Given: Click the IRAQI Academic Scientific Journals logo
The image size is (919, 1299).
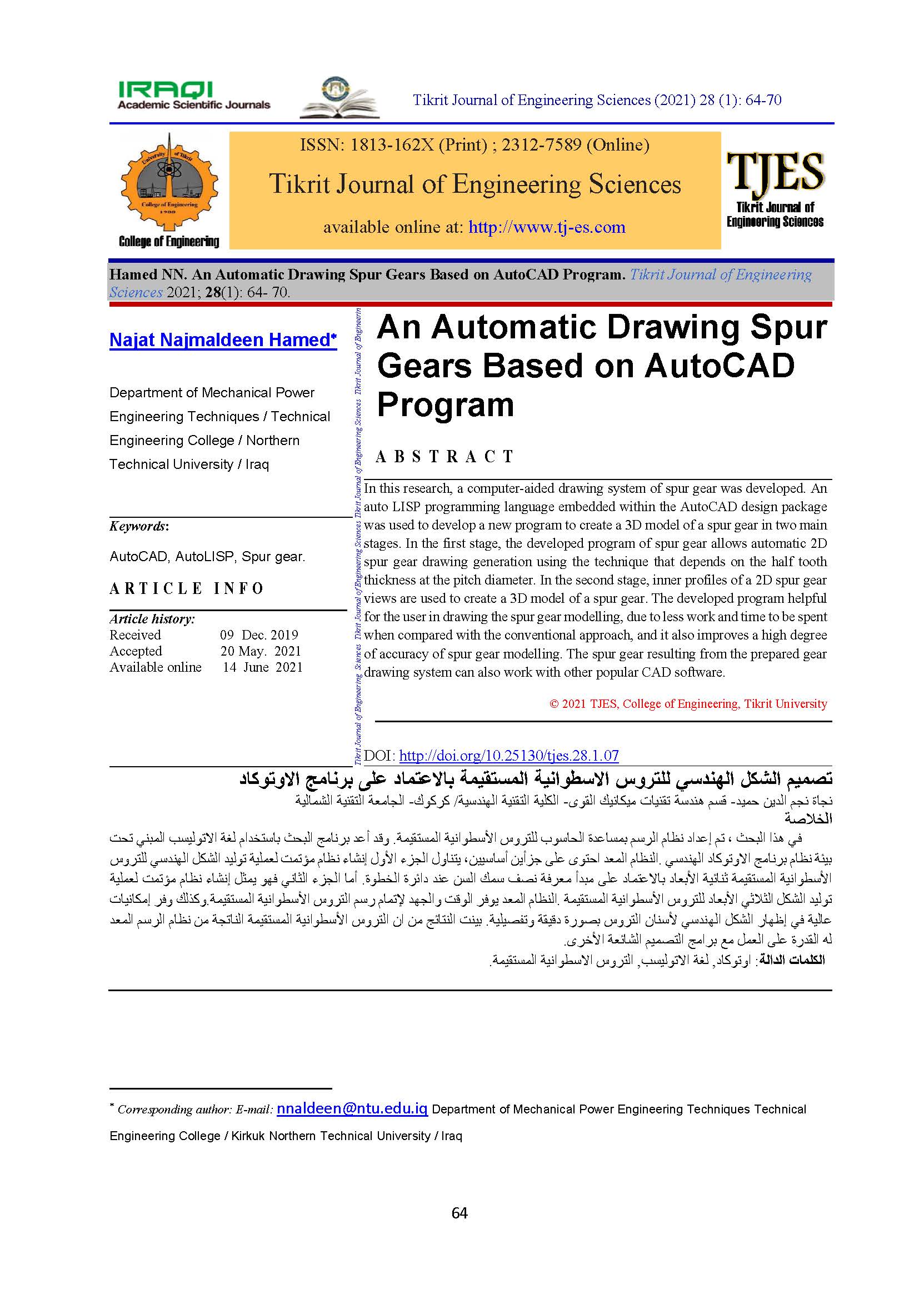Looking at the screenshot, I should (193, 96).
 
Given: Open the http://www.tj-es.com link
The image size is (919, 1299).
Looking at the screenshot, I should (547, 227).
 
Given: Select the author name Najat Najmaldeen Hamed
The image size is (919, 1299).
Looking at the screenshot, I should (222, 340).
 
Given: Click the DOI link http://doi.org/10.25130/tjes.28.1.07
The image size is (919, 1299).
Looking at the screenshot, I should (509, 755).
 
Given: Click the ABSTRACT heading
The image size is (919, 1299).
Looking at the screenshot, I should (445, 457).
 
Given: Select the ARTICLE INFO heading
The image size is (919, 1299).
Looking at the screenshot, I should (187, 589).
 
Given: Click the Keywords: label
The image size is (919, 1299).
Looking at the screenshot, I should (139, 526).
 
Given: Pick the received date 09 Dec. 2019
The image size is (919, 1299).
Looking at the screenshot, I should (259, 635).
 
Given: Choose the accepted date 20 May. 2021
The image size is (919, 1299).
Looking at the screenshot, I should (260, 651).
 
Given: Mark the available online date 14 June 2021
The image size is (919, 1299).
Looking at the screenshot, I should (263, 668).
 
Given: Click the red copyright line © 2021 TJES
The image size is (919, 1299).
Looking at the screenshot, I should (688, 704).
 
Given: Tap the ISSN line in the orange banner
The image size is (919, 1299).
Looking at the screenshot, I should (474, 146).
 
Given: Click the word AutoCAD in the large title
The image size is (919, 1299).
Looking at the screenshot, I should (719, 366).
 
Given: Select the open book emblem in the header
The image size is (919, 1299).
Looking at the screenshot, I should (339, 99).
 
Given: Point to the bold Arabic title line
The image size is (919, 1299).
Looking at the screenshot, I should (535, 779).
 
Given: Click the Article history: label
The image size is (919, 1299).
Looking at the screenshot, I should (152, 619).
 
